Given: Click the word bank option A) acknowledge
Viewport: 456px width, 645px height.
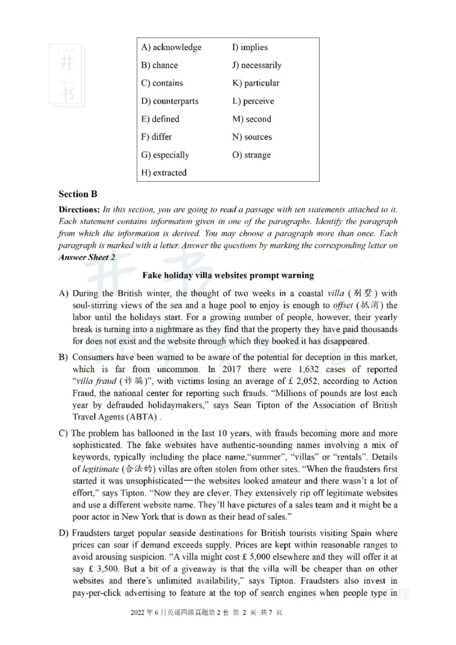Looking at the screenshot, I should click(x=171, y=47).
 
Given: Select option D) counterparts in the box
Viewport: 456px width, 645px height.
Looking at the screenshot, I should click(x=170, y=101).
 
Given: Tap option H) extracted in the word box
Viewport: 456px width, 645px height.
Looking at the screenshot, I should click(x=164, y=173).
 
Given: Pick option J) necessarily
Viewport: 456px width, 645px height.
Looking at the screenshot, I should click(x=256, y=66).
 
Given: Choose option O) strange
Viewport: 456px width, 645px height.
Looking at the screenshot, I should click(x=251, y=155).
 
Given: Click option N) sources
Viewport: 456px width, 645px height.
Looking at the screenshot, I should click(x=252, y=137).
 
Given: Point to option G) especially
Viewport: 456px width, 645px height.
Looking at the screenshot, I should click(x=165, y=155).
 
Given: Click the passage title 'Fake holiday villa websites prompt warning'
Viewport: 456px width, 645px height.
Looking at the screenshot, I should click(x=228, y=275).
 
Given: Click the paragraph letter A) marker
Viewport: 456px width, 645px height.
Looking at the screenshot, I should click(x=64, y=293).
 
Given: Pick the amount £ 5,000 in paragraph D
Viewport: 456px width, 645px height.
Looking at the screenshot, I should click(x=266, y=557).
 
